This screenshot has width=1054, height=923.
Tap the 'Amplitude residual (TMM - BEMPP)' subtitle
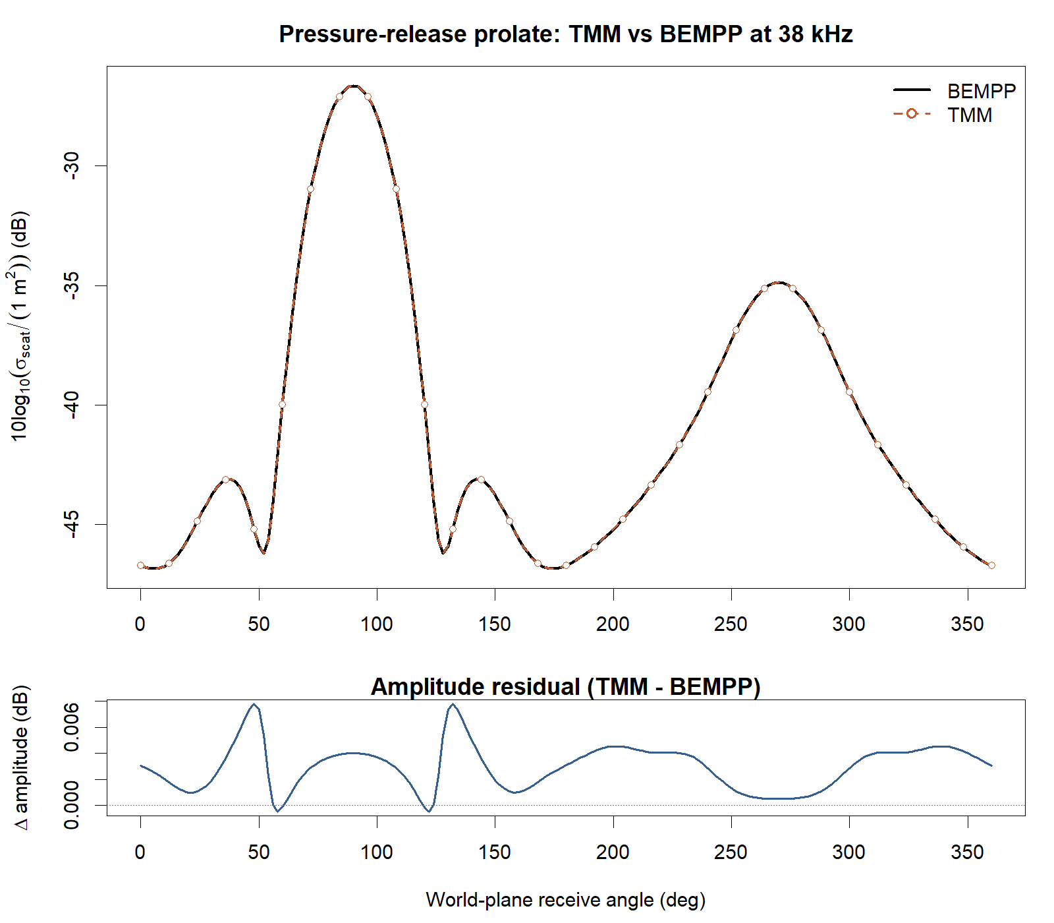pos(565,687)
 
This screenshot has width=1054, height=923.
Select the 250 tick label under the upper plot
pos(731,624)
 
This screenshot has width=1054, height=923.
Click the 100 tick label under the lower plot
pos(377,852)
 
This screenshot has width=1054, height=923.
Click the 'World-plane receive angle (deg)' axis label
pos(565,900)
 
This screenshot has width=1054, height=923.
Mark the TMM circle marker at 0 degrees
pos(140,565)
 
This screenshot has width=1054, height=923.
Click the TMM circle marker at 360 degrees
pos(991,565)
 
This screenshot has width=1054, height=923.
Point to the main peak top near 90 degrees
pos(354,86)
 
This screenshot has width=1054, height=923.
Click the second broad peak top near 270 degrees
pos(779,282)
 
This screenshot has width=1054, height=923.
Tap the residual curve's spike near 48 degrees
pos(254,704)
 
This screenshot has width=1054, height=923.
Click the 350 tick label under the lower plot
pos(967,852)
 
